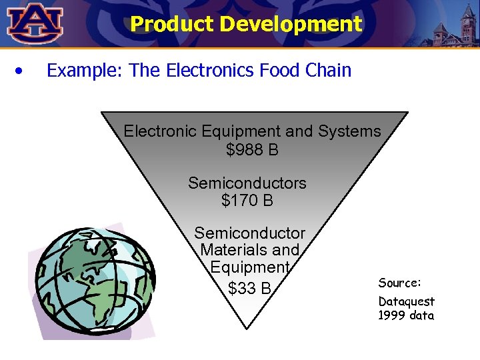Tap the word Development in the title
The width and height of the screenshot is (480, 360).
pyautogui.click(x=291, y=25)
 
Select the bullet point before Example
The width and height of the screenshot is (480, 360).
pyautogui.click(x=22, y=70)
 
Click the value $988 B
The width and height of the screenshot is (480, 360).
pyautogui.click(x=252, y=150)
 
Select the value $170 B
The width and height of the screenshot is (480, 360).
pyautogui.click(x=247, y=200)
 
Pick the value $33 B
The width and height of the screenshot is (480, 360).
pyautogui.click(x=249, y=288)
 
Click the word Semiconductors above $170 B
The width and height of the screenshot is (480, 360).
pyautogui.click(x=247, y=183)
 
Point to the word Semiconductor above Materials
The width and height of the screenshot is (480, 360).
pyautogui.click(x=249, y=233)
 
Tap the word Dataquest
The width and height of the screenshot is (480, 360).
pyautogui.click(x=406, y=301)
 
